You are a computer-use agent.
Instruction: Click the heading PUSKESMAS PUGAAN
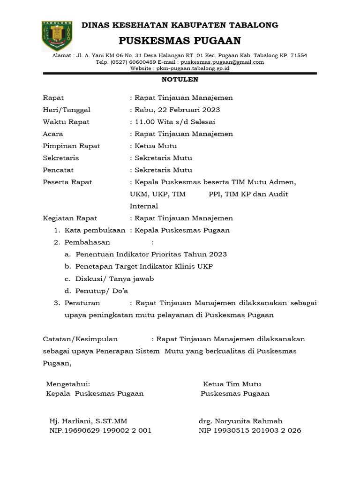point(180,40)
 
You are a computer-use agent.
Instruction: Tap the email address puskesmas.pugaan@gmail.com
point(222,62)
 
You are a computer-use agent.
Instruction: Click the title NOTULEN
point(180,80)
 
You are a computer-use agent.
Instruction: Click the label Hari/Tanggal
point(67,110)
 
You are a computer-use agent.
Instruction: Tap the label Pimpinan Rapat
point(71,146)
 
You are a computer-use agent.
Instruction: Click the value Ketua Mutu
point(156,146)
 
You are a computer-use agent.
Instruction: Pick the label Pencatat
point(58,170)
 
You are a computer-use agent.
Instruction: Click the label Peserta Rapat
point(67,182)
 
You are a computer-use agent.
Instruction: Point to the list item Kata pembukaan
point(95,230)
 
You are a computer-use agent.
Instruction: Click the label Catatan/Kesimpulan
point(80,339)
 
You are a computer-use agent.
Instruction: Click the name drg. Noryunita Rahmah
point(240,420)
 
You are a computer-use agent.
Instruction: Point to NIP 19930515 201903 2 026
point(250,430)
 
